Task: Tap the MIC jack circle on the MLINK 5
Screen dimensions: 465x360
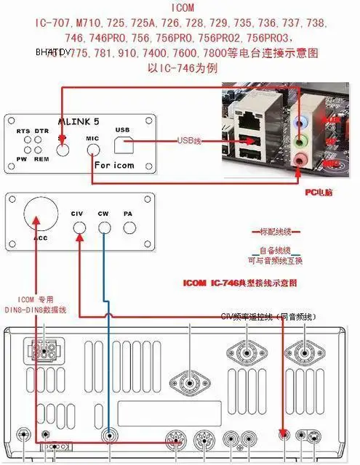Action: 93,150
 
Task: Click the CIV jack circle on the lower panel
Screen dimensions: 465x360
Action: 79,228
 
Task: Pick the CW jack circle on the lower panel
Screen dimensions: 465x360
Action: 104,228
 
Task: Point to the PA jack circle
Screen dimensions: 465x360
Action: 129,228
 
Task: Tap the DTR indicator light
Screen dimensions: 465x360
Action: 41,141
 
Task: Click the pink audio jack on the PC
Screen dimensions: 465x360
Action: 300,158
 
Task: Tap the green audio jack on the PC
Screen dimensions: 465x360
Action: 300,139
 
